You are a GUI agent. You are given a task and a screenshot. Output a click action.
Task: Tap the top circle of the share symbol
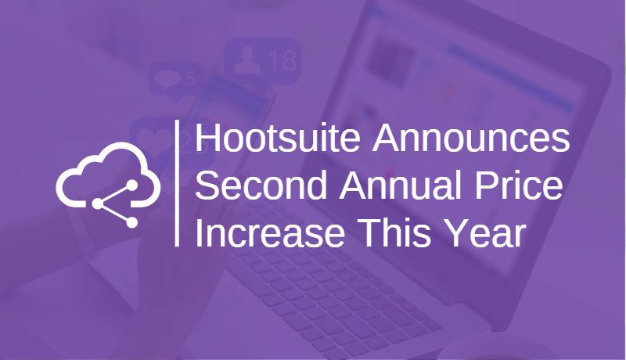[x=131, y=185]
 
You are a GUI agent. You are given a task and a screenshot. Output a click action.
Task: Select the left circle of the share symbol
[x=97, y=204]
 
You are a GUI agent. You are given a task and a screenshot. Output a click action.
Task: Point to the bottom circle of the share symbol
[x=131, y=222]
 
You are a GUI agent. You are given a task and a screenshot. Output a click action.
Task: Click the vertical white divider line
[x=179, y=184]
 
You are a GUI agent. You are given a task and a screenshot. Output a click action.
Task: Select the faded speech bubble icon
[x=167, y=79]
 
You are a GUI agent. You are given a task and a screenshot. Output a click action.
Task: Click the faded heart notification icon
[x=149, y=134]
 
